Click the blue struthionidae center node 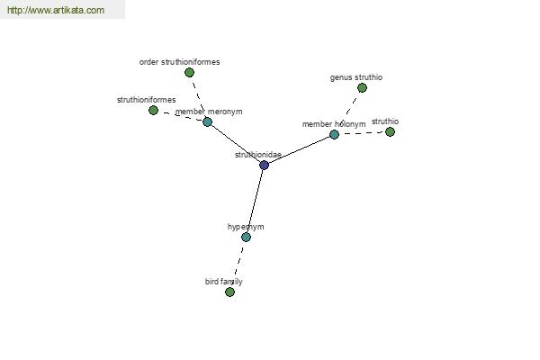click(x=264, y=165)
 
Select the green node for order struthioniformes click(x=189, y=72)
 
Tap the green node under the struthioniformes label click(x=153, y=110)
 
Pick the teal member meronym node click(x=207, y=121)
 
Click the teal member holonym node click(x=334, y=134)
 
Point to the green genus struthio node click(x=362, y=88)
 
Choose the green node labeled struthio click(x=390, y=131)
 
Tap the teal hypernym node click(x=246, y=237)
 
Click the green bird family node click(x=229, y=292)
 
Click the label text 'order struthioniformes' click(x=179, y=62)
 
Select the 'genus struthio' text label click(x=356, y=77)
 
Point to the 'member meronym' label click(x=209, y=112)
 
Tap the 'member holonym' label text click(x=334, y=124)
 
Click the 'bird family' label click(x=224, y=282)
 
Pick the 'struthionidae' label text click(x=258, y=155)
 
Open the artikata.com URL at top click(x=56, y=10)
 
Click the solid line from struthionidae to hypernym click(x=255, y=202)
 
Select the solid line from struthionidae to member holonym click(x=299, y=150)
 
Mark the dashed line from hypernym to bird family click(x=238, y=265)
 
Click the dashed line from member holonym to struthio click(x=362, y=133)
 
